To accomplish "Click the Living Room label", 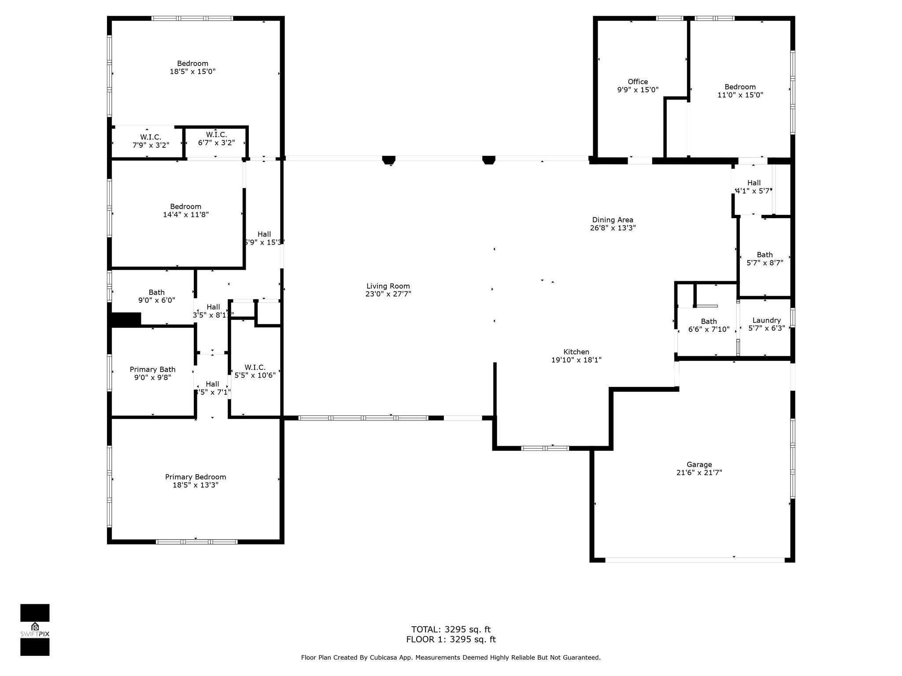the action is click(x=388, y=286).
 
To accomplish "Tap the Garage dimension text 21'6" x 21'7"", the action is click(x=699, y=473).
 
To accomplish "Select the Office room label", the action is click(x=638, y=81).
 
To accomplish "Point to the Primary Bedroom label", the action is click(x=196, y=477).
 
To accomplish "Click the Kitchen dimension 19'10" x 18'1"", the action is click(x=576, y=360).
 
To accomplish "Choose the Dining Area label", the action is click(x=613, y=220).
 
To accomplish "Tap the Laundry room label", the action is click(x=767, y=320).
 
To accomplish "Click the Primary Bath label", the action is click(x=152, y=369).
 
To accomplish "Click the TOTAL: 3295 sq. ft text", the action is click(x=451, y=629).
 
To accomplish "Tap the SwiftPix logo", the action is click(x=35, y=630).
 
